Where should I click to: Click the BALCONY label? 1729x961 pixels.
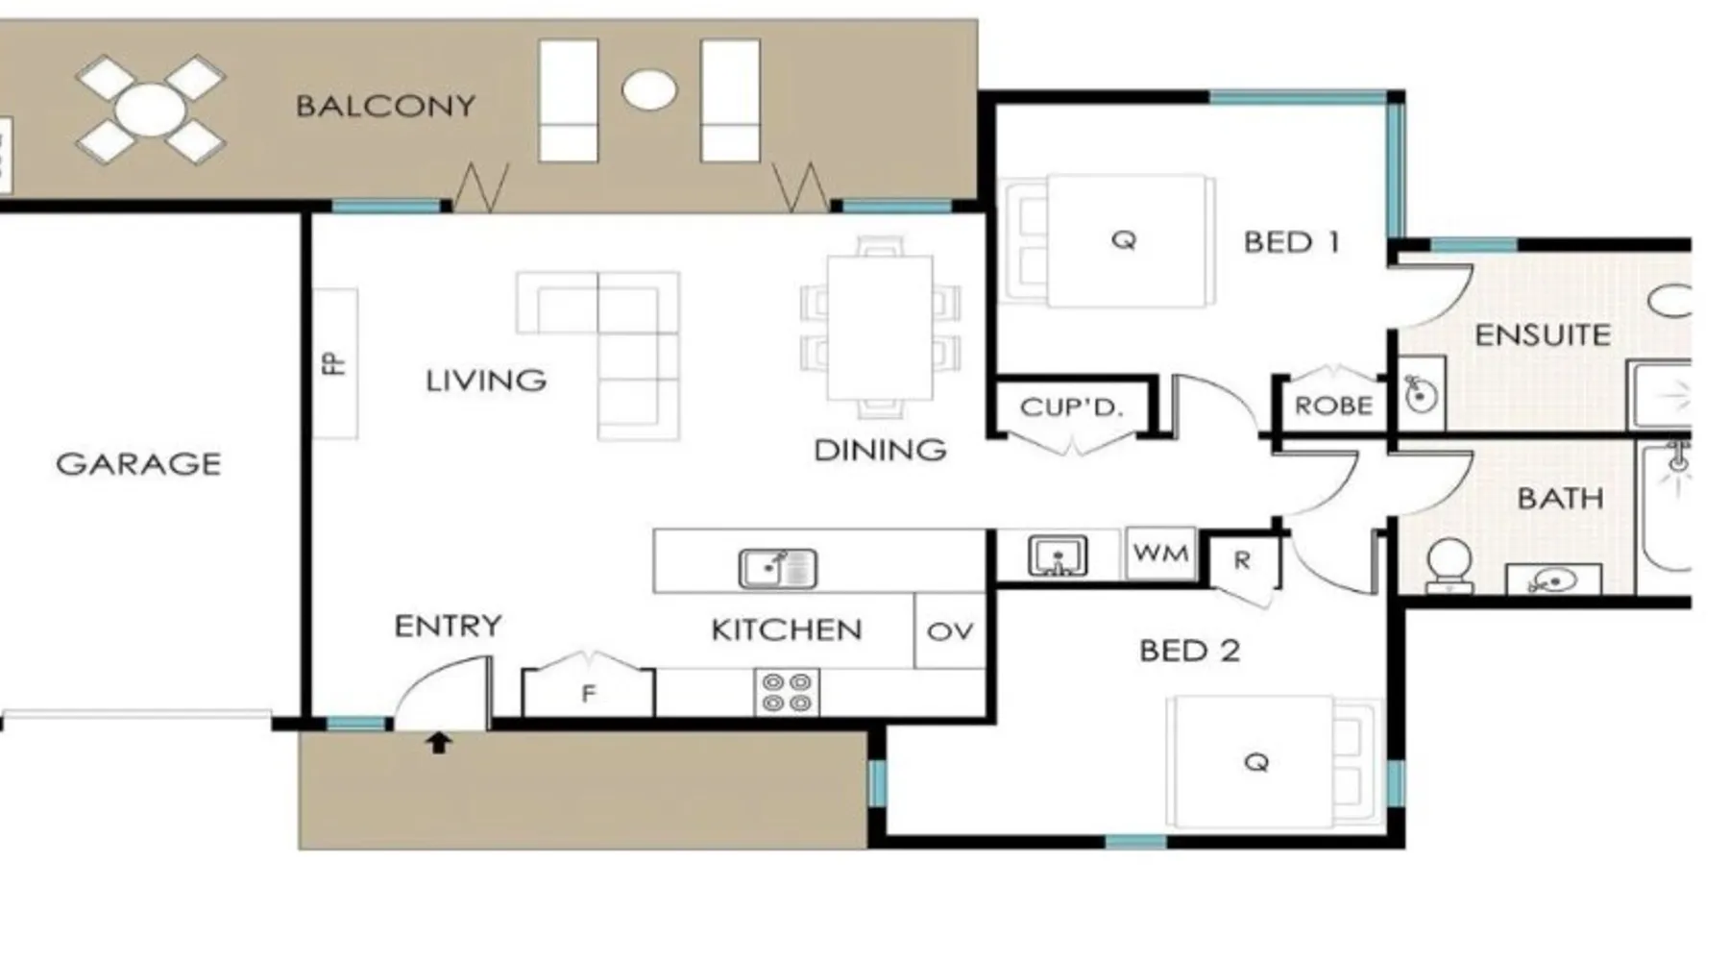(x=385, y=106)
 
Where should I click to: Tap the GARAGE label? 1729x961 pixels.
(x=138, y=464)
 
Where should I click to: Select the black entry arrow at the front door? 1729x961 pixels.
(x=439, y=742)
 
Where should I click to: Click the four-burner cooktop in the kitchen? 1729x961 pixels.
(x=787, y=692)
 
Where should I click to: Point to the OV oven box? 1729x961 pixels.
(x=950, y=631)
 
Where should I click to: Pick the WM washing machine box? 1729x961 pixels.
(x=1160, y=554)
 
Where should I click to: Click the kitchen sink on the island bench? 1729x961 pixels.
(x=778, y=568)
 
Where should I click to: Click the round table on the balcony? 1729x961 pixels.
(x=151, y=110)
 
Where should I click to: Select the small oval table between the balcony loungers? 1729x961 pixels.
(x=649, y=90)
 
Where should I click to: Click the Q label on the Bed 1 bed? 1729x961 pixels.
(x=1124, y=239)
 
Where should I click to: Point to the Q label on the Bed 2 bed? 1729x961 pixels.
(x=1256, y=762)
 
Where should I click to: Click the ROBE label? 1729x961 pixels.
(x=1333, y=407)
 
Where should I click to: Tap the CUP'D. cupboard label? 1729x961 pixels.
(x=1071, y=407)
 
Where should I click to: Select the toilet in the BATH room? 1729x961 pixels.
(x=1449, y=567)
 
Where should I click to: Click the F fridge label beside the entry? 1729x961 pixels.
(x=589, y=693)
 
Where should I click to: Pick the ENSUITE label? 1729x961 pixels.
(x=1542, y=335)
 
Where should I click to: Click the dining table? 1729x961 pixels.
(x=880, y=328)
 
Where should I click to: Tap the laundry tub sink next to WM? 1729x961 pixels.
(x=1058, y=556)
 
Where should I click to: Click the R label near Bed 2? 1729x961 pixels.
(x=1242, y=560)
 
